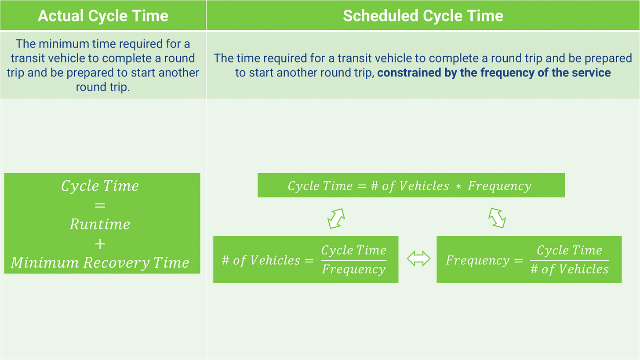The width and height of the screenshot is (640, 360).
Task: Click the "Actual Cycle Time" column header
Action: click(x=103, y=16)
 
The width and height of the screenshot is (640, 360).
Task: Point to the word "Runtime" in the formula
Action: click(x=100, y=224)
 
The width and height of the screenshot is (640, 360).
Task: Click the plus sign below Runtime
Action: click(x=100, y=244)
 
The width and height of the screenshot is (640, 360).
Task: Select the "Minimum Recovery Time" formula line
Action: click(x=100, y=263)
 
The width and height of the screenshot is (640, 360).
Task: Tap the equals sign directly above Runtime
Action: click(x=100, y=205)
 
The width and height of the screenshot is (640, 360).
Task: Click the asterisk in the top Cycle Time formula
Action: click(x=458, y=187)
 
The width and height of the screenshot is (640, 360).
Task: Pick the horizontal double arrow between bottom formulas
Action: click(x=418, y=259)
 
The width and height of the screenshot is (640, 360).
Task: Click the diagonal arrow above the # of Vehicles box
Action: click(x=336, y=218)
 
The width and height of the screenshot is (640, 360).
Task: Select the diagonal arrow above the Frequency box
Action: click(x=497, y=218)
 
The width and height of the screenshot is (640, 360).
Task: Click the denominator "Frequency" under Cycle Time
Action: click(x=353, y=269)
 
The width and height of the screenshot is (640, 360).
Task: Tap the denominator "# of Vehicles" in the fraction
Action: click(x=569, y=269)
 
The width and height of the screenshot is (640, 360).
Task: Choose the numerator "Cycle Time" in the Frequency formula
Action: click(x=569, y=251)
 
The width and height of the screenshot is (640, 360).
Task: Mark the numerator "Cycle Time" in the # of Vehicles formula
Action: click(x=353, y=251)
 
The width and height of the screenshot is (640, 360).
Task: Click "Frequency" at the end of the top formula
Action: click(x=499, y=186)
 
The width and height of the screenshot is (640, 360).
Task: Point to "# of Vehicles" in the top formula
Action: click(x=410, y=186)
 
